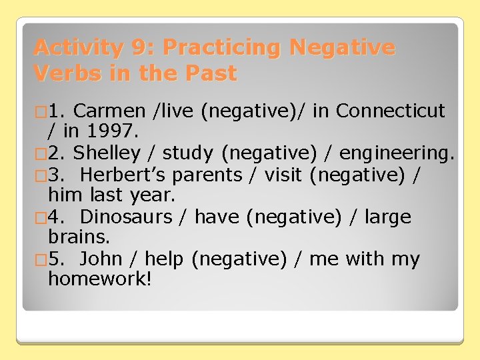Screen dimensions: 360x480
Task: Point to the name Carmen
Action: click(x=109, y=111)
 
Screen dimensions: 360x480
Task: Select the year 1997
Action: click(x=102, y=132)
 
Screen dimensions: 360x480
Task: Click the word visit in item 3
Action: click(x=283, y=175)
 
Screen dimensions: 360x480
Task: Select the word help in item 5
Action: click(x=164, y=259)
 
